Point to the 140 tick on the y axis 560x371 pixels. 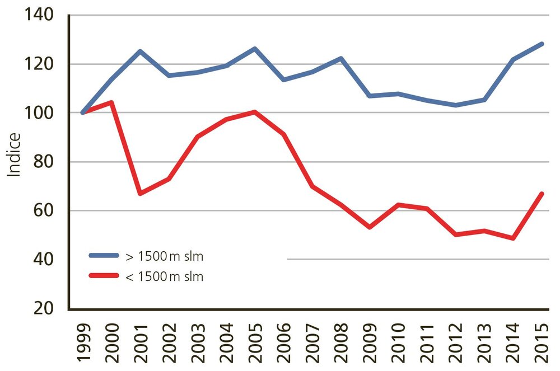pos(39,15)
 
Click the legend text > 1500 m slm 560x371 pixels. pos(164,257)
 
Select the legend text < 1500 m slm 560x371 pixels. pos(164,276)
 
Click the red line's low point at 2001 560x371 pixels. pos(140,194)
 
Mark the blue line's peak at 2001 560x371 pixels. pos(140,51)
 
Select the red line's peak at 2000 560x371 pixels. pos(111,102)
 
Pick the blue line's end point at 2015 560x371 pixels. pos(542,44)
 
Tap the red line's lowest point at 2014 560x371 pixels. pos(513,238)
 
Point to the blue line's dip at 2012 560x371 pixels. pos(456,105)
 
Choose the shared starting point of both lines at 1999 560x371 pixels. pos(83,112)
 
